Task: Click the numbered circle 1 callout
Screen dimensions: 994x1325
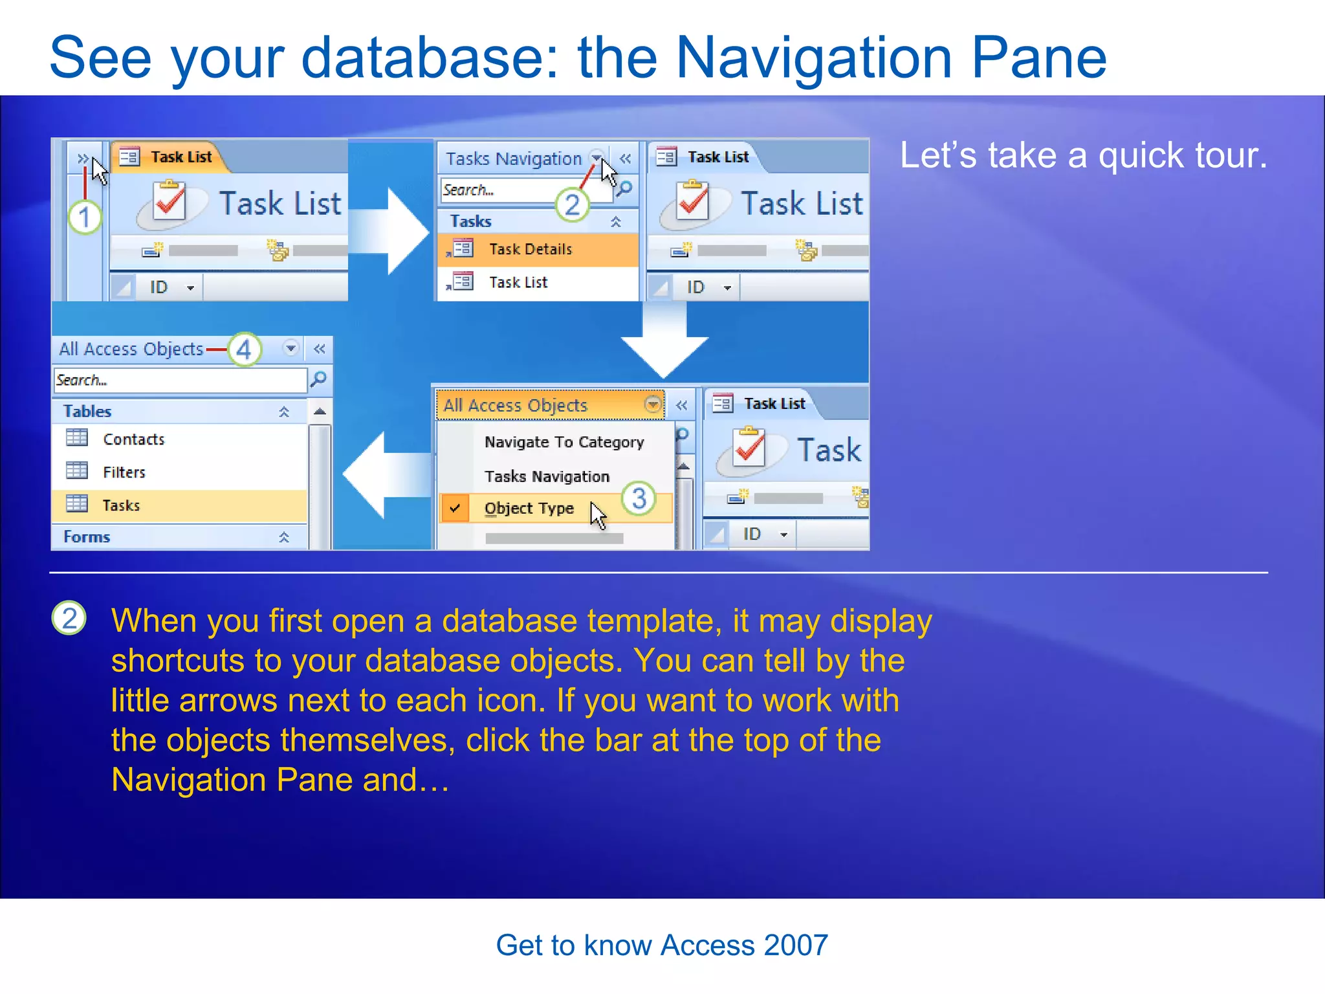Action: point(85,217)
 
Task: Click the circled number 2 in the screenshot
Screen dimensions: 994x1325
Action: point(572,205)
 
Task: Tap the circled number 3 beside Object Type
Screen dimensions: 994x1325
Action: point(639,498)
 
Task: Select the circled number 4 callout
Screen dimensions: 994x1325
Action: point(244,349)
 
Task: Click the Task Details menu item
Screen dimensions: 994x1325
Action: point(530,249)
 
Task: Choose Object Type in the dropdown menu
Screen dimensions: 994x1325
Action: point(529,508)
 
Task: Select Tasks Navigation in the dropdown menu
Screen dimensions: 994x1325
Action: point(547,476)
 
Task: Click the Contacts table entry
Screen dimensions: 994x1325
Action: point(133,439)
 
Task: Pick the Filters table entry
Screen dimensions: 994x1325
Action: point(124,472)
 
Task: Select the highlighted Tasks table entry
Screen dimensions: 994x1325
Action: point(121,505)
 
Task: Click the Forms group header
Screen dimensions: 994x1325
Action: point(87,536)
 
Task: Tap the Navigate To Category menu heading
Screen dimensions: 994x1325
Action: point(564,442)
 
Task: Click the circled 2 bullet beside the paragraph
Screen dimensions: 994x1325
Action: point(69,618)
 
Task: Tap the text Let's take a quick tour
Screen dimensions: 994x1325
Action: point(1083,156)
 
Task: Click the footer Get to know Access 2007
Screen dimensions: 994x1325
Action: point(661,945)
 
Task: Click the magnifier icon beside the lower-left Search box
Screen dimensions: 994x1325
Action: point(319,379)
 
